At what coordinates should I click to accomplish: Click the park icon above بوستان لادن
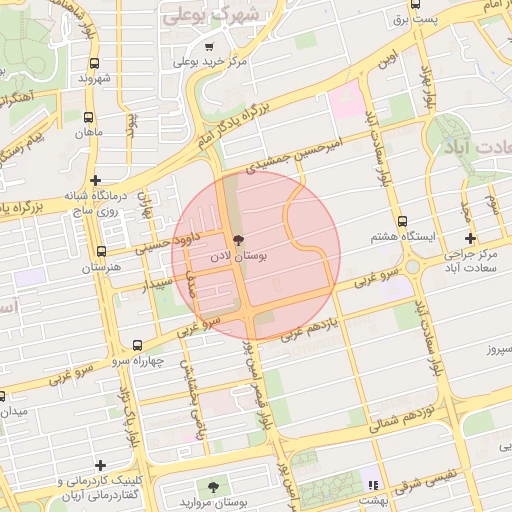pyautogui.click(x=237, y=240)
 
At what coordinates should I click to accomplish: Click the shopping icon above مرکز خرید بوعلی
pyautogui.click(x=209, y=46)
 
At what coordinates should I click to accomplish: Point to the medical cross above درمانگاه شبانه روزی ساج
pyautogui.click(x=95, y=181)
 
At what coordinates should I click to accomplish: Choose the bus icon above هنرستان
pyautogui.click(x=101, y=252)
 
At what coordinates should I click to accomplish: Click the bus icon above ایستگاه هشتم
pyautogui.click(x=402, y=221)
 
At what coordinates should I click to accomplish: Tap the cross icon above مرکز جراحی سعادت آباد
pyautogui.click(x=471, y=238)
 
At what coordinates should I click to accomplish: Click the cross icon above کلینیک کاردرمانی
pyautogui.click(x=100, y=465)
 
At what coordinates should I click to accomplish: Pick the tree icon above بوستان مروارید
pyautogui.click(x=213, y=486)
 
